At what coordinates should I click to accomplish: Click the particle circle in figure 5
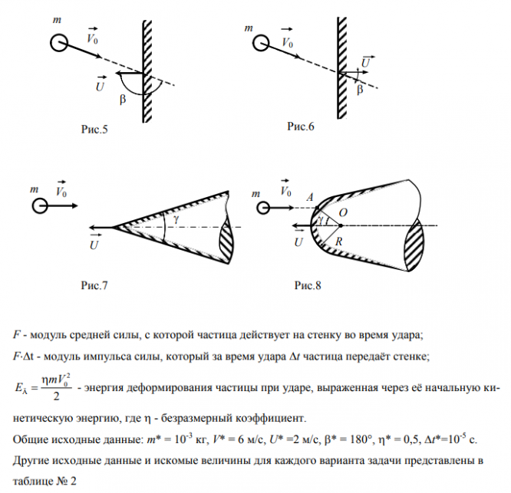tap(58, 43)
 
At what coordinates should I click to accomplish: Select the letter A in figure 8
tap(310, 196)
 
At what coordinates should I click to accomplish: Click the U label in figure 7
tap(94, 245)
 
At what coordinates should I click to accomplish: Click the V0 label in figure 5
tap(94, 35)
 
